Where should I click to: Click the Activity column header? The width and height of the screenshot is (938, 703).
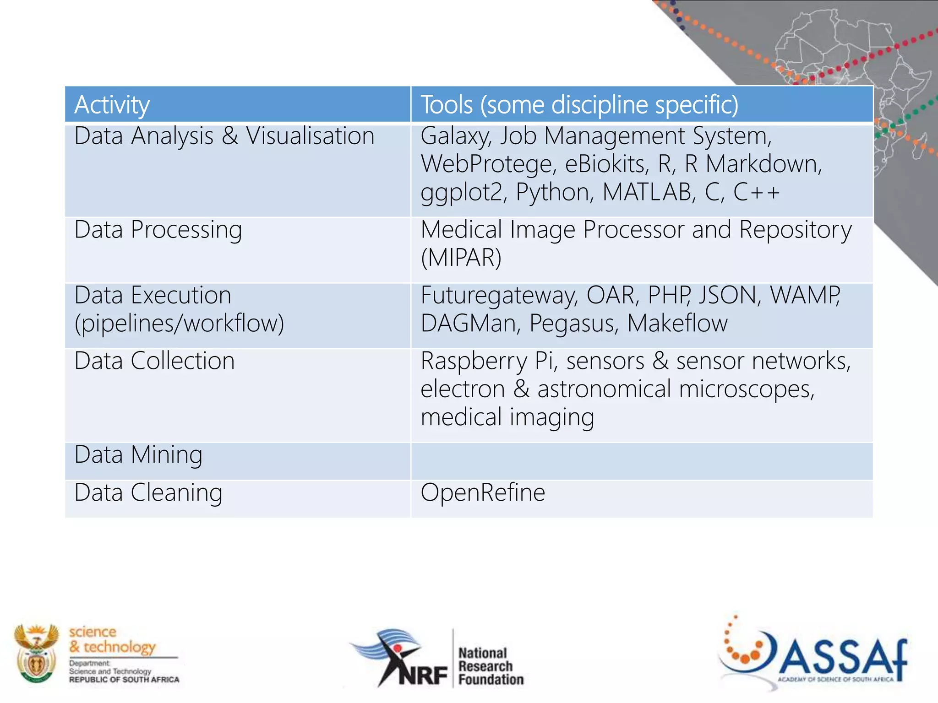[x=112, y=105]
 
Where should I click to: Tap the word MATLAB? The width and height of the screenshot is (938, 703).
[x=647, y=192]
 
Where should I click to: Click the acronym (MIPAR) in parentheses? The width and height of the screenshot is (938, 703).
[x=461, y=258]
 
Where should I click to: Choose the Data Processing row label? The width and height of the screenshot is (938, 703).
[x=158, y=230]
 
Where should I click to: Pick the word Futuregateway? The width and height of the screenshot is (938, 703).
[x=498, y=296]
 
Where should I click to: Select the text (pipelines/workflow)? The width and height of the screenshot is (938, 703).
[x=179, y=324]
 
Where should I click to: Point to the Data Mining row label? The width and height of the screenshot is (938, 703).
[x=138, y=455]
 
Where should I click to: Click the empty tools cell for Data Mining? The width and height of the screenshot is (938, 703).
[x=641, y=461]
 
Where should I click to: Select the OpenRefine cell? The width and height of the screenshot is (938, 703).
[x=483, y=493]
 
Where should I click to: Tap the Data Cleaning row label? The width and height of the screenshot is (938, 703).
[x=148, y=493]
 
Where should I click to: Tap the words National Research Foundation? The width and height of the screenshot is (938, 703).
[x=490, y=666]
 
